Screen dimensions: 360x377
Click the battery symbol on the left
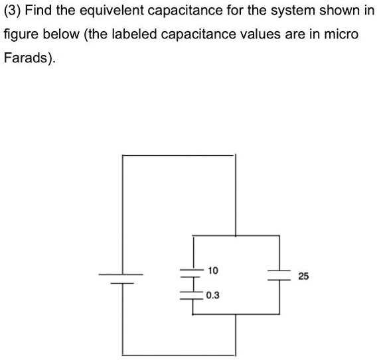point(121,278)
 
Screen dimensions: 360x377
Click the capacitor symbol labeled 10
point(192,272)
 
